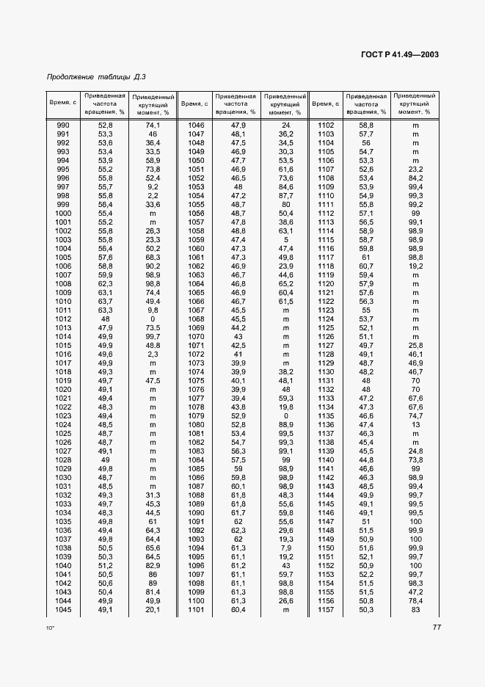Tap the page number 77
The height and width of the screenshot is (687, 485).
click(436, 627)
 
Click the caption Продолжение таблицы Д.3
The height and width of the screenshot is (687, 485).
click(96, 77)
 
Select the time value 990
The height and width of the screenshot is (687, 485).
click(63, 126)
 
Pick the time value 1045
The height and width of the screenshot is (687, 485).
click(63, 608)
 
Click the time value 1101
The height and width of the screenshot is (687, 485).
click(195, 608)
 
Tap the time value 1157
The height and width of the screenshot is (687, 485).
click(326, 608)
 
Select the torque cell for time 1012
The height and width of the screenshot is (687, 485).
click(153, 319)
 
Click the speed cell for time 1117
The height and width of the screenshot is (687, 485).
click(366, 258)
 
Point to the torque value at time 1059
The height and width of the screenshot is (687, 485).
click(285, 240)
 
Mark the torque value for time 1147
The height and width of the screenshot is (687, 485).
click(415, 520)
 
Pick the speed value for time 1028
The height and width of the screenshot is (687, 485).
click(105, 459)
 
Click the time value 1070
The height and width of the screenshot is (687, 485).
click(195, 337)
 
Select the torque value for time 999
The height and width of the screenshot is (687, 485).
click(153, 205)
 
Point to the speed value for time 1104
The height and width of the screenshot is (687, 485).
click(366, 143)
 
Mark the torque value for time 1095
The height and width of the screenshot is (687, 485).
click(285, 556)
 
